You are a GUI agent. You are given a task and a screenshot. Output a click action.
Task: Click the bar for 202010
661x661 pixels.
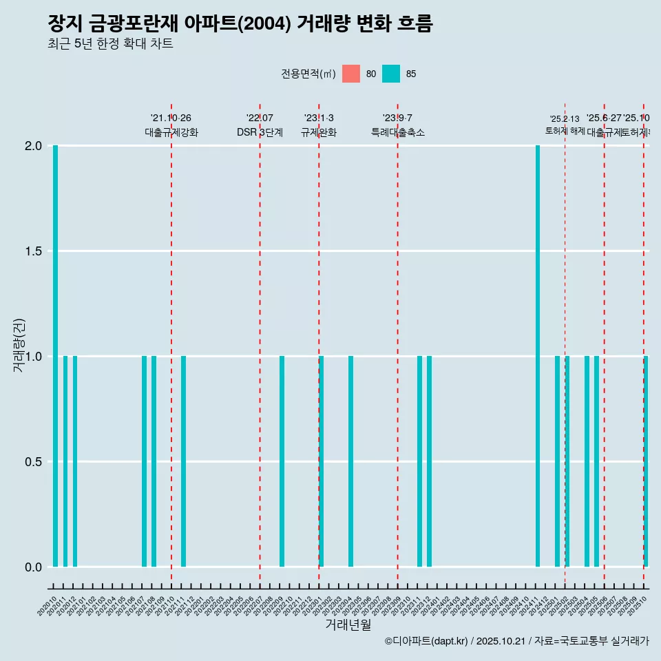click(55, 356)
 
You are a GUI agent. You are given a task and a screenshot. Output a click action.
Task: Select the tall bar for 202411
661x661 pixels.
click(538, 356)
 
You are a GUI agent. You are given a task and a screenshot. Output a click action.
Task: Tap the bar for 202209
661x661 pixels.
click(282, 461)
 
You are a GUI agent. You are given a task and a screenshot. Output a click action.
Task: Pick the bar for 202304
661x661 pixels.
click(350, 461)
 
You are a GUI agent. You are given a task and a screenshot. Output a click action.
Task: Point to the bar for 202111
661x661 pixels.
click(183, 461)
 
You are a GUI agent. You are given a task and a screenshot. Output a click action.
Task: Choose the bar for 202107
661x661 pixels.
click(144, 461)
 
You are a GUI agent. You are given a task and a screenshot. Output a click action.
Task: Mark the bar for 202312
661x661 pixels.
click(429, 461)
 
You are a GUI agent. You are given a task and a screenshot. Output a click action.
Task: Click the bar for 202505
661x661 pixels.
click(596, 461)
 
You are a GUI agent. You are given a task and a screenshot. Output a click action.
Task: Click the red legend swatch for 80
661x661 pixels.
click(351, 74)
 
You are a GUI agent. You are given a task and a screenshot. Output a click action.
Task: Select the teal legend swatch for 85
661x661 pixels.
click(391, 74)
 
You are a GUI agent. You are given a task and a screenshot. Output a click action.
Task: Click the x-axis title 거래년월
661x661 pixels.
click(348, 625)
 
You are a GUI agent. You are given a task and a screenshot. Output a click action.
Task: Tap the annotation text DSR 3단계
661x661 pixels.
click(260, 132)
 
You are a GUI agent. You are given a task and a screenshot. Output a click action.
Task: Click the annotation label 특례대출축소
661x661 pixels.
click(398, 132)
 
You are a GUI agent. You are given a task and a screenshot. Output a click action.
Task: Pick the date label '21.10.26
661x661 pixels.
click(171, 118)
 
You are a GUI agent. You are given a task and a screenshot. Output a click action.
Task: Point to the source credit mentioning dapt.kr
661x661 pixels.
click(516, 641)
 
